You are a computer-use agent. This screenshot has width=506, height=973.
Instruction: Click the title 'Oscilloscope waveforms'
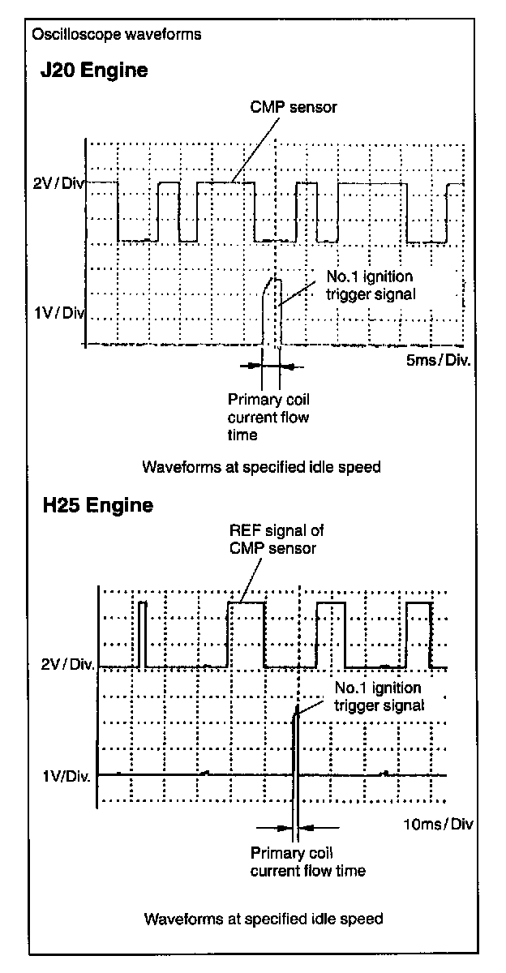tap(115, 35)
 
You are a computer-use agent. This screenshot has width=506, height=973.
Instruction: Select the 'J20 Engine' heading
tap(95, 71)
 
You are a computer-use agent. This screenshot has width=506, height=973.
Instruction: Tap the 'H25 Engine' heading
tap(97, 506)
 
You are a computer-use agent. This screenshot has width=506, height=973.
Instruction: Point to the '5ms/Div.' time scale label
tap(438, 359)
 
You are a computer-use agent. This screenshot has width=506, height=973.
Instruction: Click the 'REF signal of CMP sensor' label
tap(273, 540)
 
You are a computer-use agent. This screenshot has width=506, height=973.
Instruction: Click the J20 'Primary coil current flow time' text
tap(268, 417)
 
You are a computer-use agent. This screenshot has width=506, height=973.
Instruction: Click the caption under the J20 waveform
tap(261, 468)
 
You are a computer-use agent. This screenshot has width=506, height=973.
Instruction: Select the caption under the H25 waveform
tap(263, 919)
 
